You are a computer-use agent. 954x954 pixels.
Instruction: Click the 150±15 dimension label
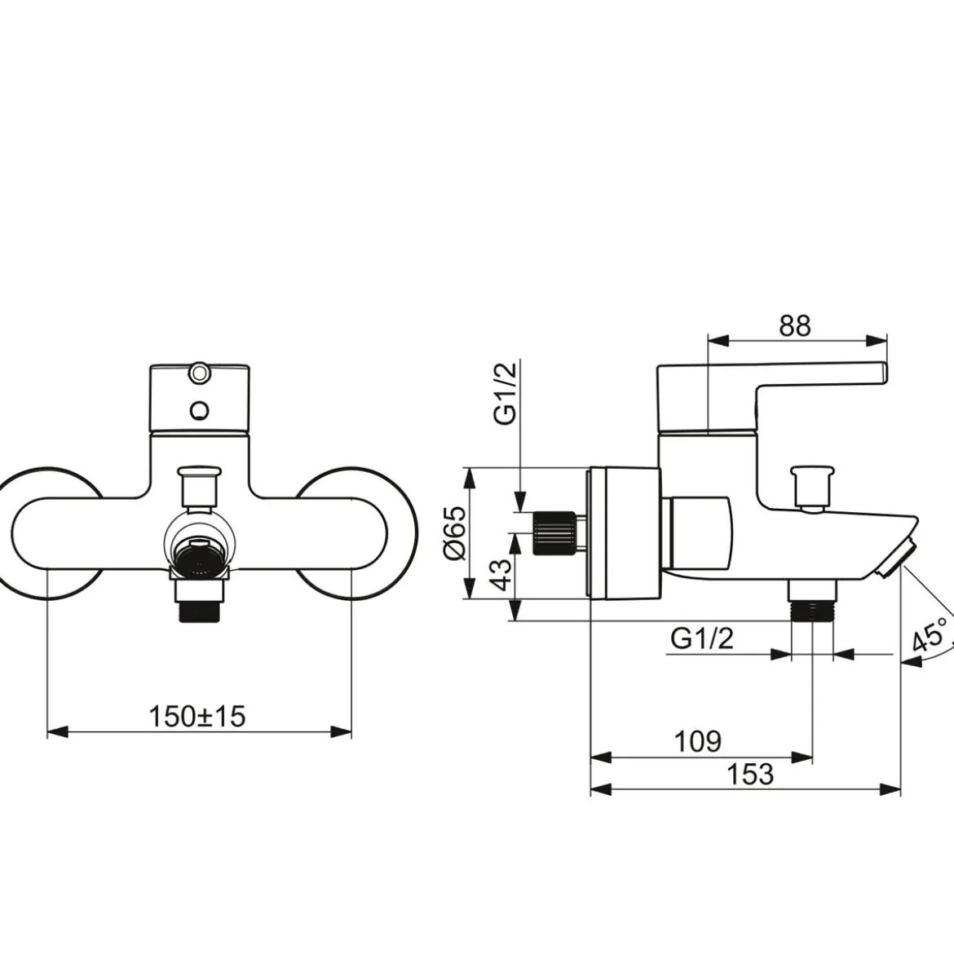tap(197, 716)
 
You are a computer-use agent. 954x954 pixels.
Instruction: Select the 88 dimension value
tap(795, 326)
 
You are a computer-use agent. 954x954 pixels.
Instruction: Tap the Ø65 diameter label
tap(456, 532)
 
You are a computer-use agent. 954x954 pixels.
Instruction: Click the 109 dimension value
tap(698, 741)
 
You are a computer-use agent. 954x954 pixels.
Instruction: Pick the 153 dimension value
tap(750, 774)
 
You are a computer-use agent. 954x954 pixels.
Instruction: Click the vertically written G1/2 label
tap(506, 393)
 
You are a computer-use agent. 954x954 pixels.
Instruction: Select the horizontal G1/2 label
tap(702, 638)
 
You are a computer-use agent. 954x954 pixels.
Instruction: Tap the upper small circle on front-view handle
tap(198, 373)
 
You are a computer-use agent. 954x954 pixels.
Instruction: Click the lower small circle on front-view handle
tap(198, 410)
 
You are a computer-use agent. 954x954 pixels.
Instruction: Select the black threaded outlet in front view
tap(198, 610)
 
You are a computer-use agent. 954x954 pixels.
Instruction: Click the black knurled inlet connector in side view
tap(554, 533)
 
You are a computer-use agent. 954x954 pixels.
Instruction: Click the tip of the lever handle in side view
tap(886, 373)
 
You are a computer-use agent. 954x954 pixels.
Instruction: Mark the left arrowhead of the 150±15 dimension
tap(56, 732)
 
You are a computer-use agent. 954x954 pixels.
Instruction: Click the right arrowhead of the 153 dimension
tap(890, 790)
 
